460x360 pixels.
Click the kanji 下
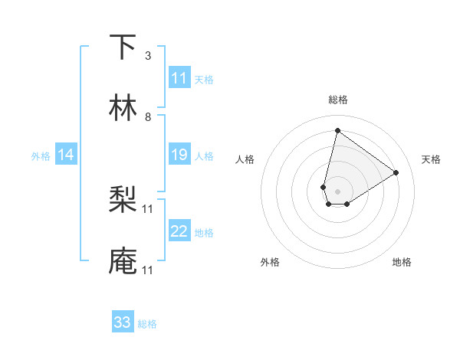pyautogui.click(x=123, y=47)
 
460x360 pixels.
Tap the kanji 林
pyautogui.click(x=123, y=108)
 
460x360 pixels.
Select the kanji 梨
pyautogui.click(x=123, y=200)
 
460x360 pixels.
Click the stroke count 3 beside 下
pyautogui.click(x=147, y=56)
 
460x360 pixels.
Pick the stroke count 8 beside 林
pyautogui.click(x=147, y=117)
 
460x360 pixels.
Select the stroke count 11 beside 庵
pyautogui.click(x=148, y=270)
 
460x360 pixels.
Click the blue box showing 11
pyautogui.click(x=179, y=78)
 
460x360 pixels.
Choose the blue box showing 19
pyautogui.click(x=179, y=155)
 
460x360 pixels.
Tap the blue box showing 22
pyautogui.click(x=179, y=231)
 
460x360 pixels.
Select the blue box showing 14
pyautogui.click(x=66, y=155)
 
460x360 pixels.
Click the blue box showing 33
pyautogui.click(x=123, y=322)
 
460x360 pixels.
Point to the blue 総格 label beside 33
pyautogui.click(x=147, y=324)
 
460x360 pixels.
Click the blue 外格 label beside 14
pyautogui.click(x=41, y=156)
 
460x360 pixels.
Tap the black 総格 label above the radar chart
pyautogui.click(x=337, y=100)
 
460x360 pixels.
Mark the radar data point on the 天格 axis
pyautogui.click(x=396, y=172)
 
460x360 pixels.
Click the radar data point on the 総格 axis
pyautogui.click(x=337, y=130)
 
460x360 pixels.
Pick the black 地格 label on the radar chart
pyautogui.click(x=402, y=263)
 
